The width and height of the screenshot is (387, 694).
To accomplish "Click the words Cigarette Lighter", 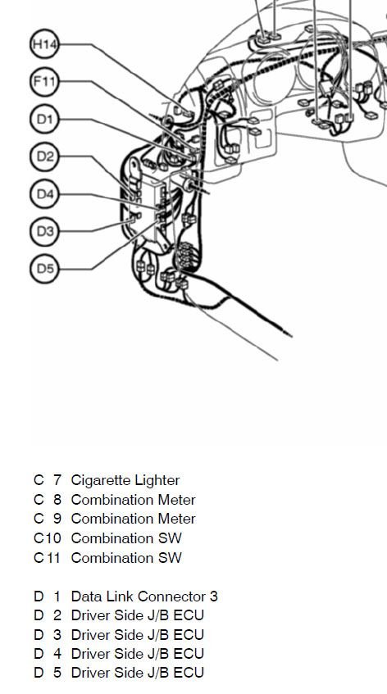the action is click(125, 480).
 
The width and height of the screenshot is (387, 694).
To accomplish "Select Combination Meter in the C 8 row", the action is click(134, 500).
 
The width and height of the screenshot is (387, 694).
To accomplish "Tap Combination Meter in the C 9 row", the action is click(134, 519).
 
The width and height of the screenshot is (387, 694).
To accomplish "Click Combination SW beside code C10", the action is click(126, 538).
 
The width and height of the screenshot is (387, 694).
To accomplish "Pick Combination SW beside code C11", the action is click(126, 558).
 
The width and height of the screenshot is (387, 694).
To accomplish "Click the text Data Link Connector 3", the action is click(144, 596).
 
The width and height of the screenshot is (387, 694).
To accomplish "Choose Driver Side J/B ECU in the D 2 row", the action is click(137, 615).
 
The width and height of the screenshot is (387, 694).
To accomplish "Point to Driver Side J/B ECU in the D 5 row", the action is click(137, 673).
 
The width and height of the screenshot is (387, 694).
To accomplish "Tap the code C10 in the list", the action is click(47, 538).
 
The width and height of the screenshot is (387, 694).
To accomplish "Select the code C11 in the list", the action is click(47, 558).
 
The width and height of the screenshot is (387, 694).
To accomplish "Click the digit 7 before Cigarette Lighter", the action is click(57, 480).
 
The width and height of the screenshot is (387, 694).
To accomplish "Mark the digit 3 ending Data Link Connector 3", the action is click(214, 596).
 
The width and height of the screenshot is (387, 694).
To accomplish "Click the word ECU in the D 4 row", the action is click(189, 654).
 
